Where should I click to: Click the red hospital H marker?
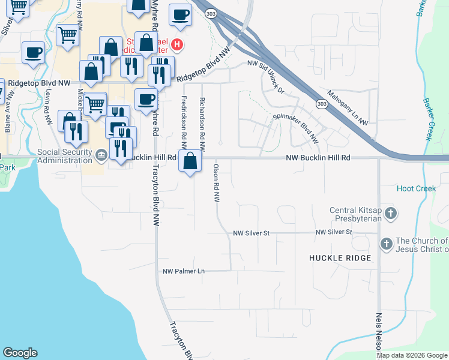pyautogui.click(x=176, y=44)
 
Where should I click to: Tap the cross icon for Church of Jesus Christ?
pyautogui.click(x=387, y=244)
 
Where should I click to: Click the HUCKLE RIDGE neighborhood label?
pyautogui.click(x=340, y=258)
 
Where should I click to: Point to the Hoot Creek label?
pyautogui.click(x=416, y=188)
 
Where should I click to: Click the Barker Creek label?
pyautogui.click(x=428, y=119)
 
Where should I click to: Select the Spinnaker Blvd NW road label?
pyautogui.click(x=296, y=128)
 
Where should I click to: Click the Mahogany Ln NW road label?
pyautogui.click(x=348, y=108)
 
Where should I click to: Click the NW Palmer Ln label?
pyautogui.click(x=184, y=271)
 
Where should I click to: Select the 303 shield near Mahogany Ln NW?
pyautogui.click(x=322, y=104)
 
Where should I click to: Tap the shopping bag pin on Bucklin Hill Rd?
pyautogui.click(x=190, y=161)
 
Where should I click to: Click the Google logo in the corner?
pyautogui.click(x=20, y=353)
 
